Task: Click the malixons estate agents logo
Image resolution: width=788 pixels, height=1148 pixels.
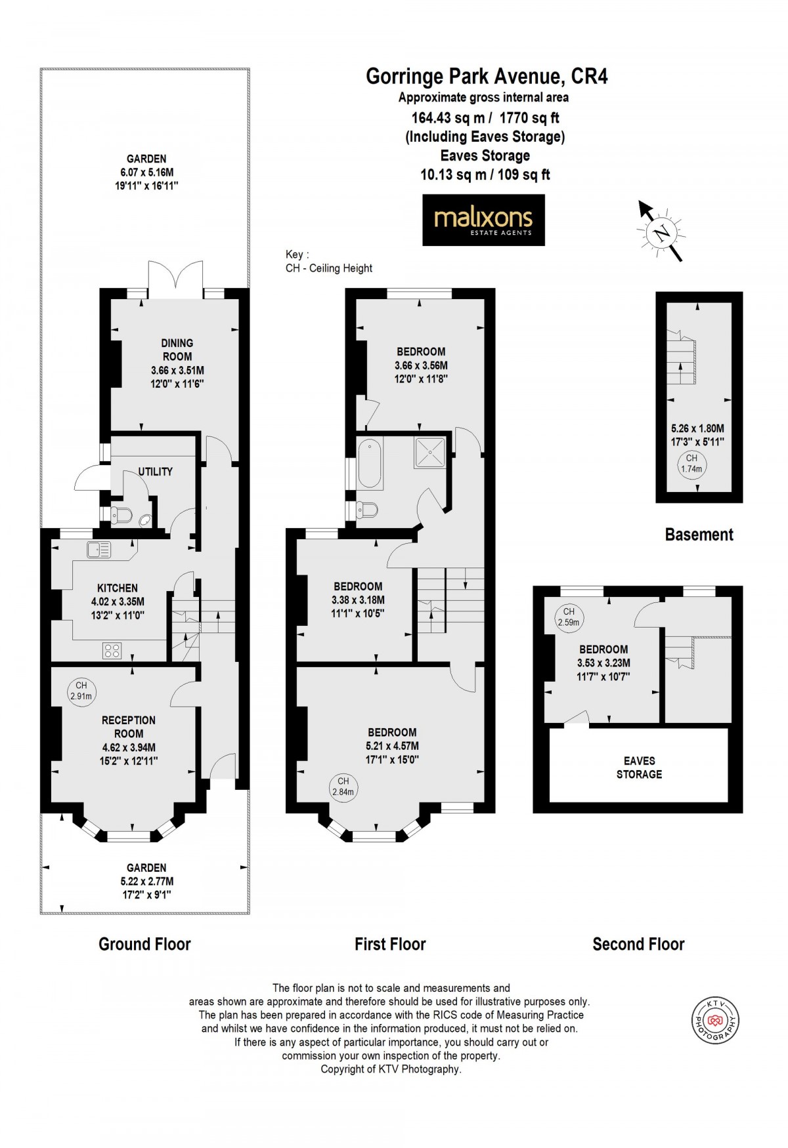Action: [483, 220]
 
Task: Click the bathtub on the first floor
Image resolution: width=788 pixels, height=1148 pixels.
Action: [370, 464]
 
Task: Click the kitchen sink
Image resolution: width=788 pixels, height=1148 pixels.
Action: [98, 550]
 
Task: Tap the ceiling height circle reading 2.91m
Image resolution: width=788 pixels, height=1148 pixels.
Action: [81, 691]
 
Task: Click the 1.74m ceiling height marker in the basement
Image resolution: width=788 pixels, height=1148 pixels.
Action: [691, 464]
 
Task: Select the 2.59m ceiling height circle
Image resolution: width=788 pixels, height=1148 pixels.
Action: [569, 617]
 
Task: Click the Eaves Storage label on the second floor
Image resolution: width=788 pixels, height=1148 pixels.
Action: [639, 768]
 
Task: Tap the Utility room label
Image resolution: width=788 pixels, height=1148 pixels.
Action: [156, 472]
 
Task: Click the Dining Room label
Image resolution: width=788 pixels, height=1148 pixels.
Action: [177, 350]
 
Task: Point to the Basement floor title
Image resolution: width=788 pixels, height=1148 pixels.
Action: [699, 535]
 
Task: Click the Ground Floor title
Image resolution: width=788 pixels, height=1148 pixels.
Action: [144, 944]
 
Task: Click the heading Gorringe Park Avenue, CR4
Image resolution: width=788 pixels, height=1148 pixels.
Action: [487, 77]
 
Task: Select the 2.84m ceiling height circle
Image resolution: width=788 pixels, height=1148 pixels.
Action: [343, 786]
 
